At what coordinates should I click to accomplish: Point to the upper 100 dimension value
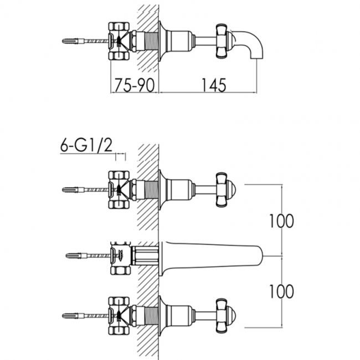pyautogui.click(x=281, y=221)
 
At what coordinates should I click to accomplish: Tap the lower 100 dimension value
pyautogui.click(x=281, y=290)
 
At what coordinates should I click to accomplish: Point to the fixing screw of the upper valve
pyautogui.click(x=75, y=190)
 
